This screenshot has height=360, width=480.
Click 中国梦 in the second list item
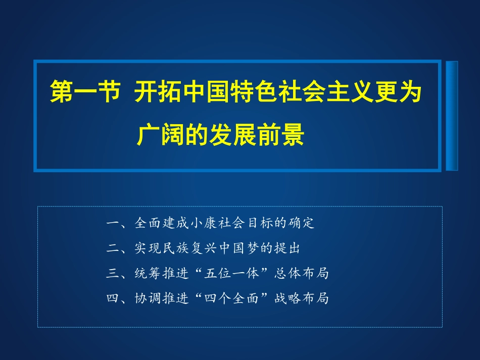pyautogui.click(x=253, y=248)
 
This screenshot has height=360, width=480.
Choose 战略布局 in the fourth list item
pyautogui.click(x=301, y=299)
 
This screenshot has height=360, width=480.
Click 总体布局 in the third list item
pyautogui.click(x=301, y=274)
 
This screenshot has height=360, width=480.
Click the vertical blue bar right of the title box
pyautogui.click(x=452, y=116)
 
